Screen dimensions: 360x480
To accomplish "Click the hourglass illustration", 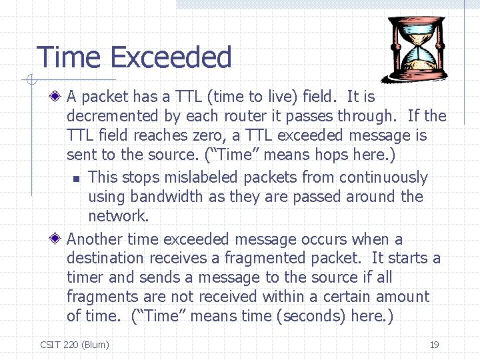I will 419,49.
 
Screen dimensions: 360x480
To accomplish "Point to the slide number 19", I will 434,345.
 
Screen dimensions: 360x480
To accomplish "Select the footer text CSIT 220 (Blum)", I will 75,345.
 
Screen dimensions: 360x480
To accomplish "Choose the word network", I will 118,216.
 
